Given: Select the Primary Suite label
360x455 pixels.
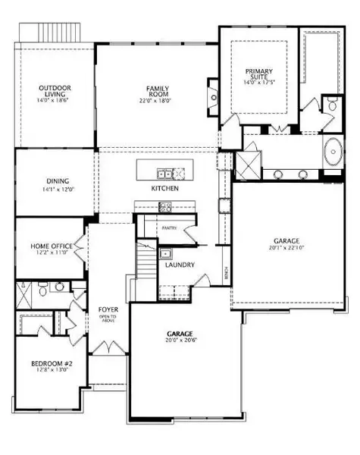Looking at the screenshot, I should pyautogui.click(x=258, y=75).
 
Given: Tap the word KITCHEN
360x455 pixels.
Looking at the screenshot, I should pyautogui.click(x=164, y=187).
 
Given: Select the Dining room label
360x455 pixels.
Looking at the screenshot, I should pyautogui.click(x=58, y=182).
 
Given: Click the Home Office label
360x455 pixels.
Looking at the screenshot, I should pyautogui.click(x=52, y=247).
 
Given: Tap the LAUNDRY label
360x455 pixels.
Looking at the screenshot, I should pyautogui.click(x=180, y=265).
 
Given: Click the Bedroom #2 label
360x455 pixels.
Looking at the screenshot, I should pyautogui.click(x=51, y=364).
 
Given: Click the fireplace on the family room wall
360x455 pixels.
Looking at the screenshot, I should pyautogui.click(x=213, y=97).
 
